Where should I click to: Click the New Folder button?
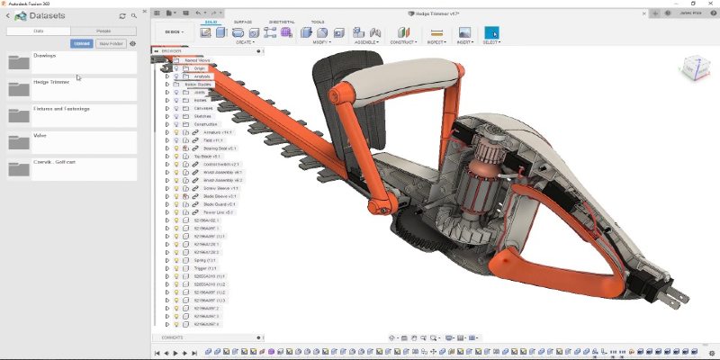(110, 43)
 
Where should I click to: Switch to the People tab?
(103, 31)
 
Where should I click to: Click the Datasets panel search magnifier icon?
(134, 16)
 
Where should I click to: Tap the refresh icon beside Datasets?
(122, 16)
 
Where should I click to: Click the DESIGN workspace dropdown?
(173, 31)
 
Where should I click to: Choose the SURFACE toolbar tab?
(243, 22)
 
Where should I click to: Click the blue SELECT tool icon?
(491, 33)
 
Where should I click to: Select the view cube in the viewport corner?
(695, 67)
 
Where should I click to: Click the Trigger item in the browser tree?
(205, 268)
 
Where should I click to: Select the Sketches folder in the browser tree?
(203, 116)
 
